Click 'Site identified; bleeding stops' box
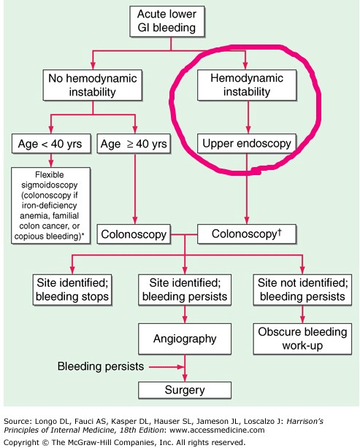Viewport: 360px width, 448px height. tap(73, 289)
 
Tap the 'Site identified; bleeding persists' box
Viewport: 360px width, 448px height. tap(185, 289)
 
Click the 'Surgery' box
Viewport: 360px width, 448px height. tap(185, 388)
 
